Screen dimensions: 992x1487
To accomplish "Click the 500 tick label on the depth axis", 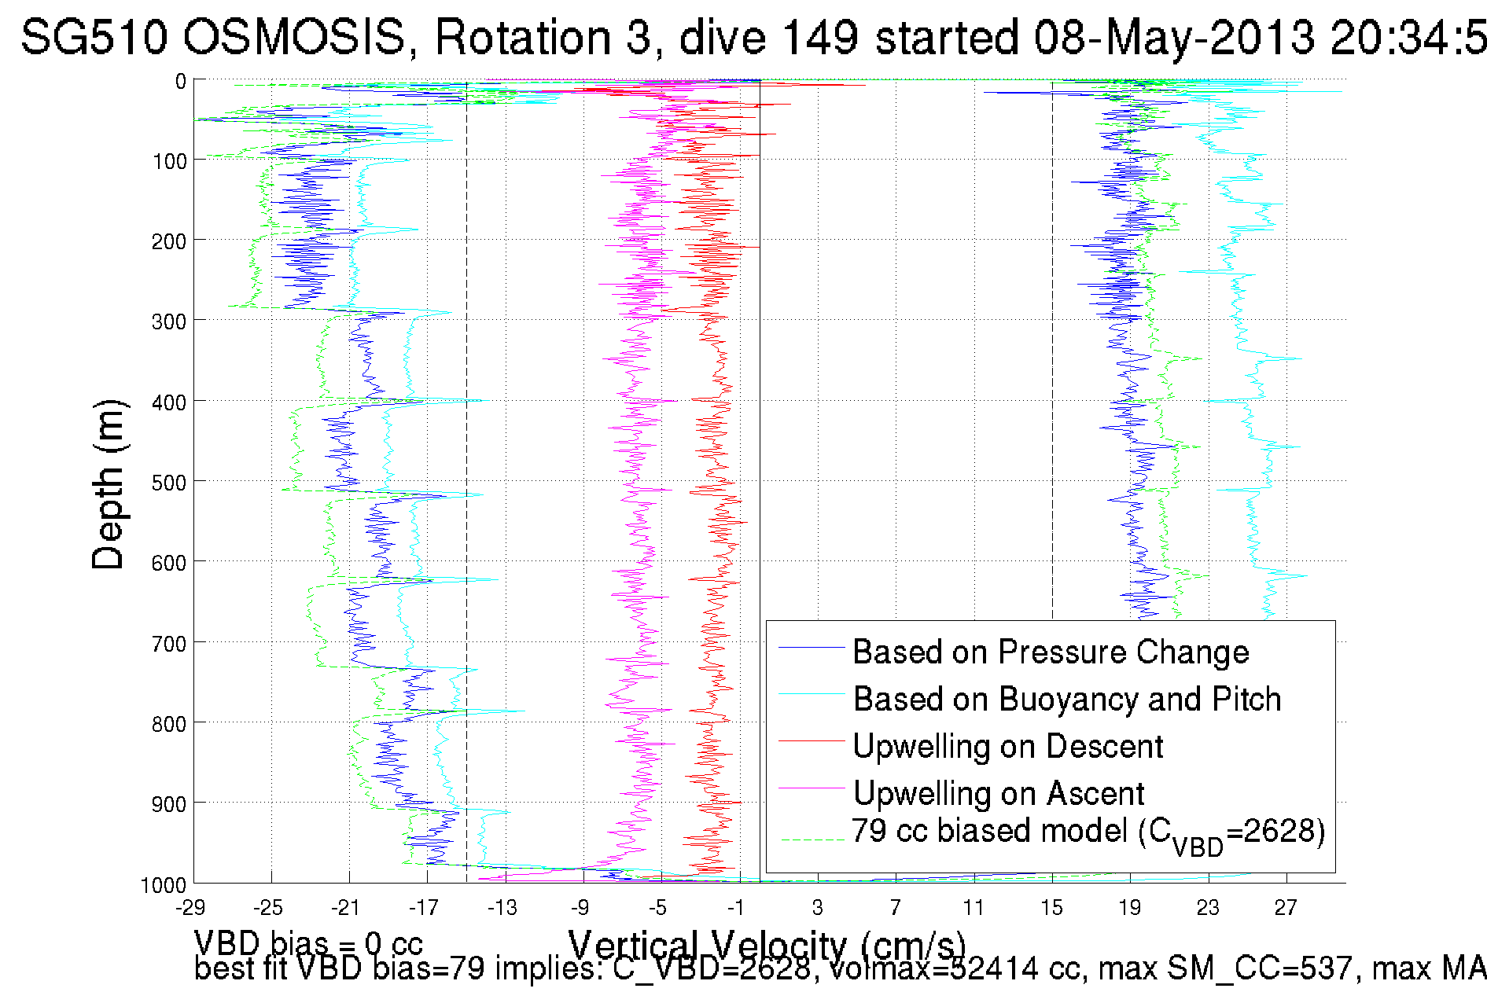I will pyautogui.click(x=168, y=483).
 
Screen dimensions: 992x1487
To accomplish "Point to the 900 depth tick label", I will pyautogui.click(x=168, y=804).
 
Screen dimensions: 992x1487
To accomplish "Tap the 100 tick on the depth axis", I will pyautogui.click(x=168, y=161).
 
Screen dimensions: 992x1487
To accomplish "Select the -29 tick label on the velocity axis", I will pyautogui.click(x=191, y=908).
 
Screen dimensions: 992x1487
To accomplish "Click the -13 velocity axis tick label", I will pyautogui.click(x=502, y=908).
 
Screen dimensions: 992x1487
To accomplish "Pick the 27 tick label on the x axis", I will pyautogui.click(x=1286, y=908).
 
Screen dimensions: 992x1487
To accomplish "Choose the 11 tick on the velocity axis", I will pyautogui.click(x=974, y=908).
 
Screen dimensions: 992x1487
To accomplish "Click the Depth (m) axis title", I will pyautogui.click(x=108, y=485).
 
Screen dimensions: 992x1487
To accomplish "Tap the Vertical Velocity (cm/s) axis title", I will pyautogui.click(x=767, y=946).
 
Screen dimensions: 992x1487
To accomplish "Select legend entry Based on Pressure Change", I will pyautogui.click(x=1051, y=652).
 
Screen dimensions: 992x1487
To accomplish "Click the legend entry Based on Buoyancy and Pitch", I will pyautogui.click(x=1067, y=699).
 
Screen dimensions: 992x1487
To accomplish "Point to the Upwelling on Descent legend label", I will pyautogui.click(x=1007, y=746).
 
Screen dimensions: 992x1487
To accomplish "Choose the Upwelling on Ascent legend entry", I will pyautogui.click(x=999, y=793).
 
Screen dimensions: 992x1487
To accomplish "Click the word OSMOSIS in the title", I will pyautogui.click(x=297, y=37).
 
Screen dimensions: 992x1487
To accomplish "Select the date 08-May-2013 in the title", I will pyautogui.click(x=1174, y=37).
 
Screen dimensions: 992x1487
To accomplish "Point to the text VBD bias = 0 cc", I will pyautogui.click(x=308, y=942).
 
